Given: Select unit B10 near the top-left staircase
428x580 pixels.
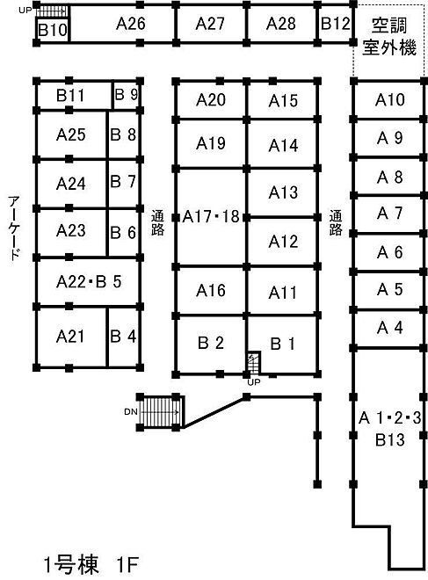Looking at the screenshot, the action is click(53, 30).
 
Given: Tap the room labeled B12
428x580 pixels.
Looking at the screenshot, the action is click(335, 24).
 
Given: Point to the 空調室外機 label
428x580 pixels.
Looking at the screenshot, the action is click(389, 37).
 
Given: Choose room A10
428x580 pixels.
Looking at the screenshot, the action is click(390, 100).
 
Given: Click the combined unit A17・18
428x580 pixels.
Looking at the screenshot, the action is click(211, 217).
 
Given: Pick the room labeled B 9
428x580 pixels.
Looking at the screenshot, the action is click(127, 94).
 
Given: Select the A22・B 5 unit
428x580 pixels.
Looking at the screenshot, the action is click(89, 282).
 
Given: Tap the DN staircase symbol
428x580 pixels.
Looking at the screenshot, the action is click(161, 411).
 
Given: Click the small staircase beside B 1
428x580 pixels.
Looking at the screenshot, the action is click(254, 362).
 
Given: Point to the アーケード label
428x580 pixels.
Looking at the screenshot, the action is click(14, 228).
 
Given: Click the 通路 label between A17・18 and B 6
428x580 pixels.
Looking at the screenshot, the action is click(157, 222).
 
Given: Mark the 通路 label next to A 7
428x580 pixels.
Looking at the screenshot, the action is click(336, 222).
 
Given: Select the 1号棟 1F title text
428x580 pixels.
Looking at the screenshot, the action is click(91, 564).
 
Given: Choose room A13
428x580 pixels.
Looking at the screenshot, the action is click(283, 192).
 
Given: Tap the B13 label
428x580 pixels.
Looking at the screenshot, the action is click(390, 440).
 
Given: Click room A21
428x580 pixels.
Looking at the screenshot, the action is click(70, 337).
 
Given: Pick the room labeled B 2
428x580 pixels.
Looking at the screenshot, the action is click(211, 344).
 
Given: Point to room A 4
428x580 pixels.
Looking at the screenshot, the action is click(390, 328).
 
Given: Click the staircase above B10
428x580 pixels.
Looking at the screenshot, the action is click(52, 11).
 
